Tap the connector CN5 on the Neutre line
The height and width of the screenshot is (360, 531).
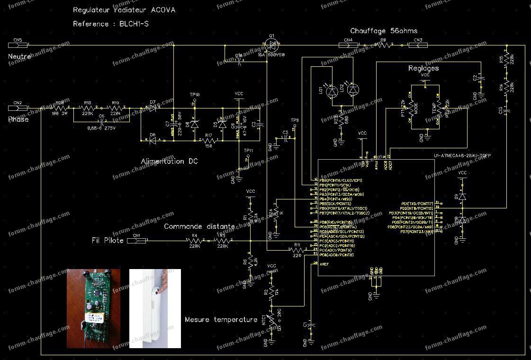click(19, 45)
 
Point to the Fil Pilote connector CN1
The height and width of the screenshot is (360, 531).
click(136, 241)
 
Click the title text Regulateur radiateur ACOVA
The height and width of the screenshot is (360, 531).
click(124, 10)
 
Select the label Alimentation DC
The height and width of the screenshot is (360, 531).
click(169, 162)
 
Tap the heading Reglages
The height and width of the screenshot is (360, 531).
click(423, 68)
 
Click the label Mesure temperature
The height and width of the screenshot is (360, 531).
click(221, 320)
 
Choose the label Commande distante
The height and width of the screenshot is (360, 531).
click(199, 227)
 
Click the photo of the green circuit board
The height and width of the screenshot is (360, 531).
click(93, 308)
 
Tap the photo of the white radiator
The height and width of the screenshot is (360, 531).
click(155, 308)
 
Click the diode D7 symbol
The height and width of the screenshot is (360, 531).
click(153, 108)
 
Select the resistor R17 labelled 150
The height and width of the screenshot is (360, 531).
click(209, 141)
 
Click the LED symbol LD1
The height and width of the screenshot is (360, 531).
click(333, 90)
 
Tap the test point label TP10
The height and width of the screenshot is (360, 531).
click(195, 95)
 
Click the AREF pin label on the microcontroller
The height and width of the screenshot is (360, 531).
click(324, 264)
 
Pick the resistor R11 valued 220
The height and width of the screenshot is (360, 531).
click(297, 250)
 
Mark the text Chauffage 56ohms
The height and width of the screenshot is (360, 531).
click(384, 31)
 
